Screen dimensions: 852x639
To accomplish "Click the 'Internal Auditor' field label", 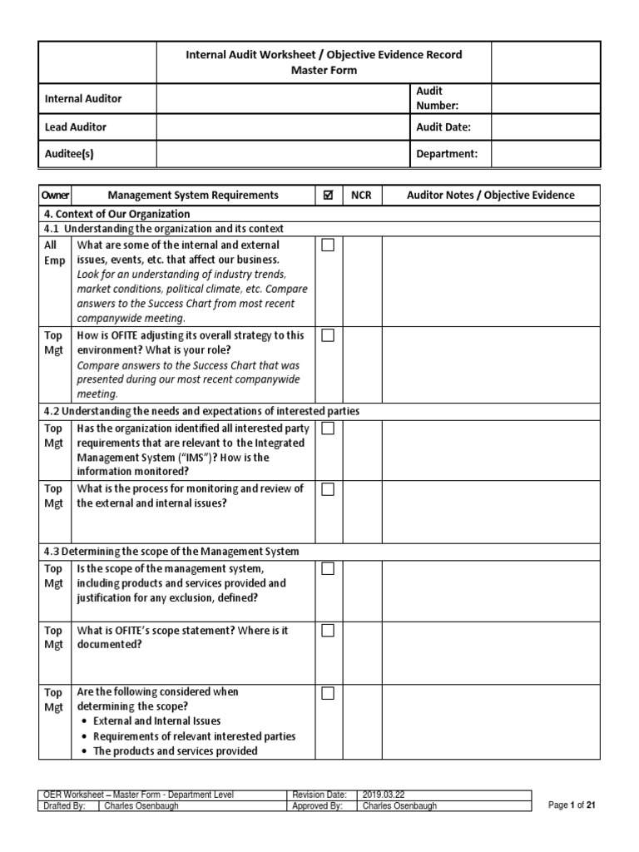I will [82, 99].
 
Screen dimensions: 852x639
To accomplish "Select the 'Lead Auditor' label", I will [75, 127].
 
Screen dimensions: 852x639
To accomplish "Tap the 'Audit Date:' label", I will [443, 127].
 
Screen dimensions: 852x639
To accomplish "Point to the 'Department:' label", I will [447, 154].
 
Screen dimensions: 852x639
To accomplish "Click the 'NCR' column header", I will [361, 196].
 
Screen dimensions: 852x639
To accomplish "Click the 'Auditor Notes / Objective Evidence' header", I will [490, 196].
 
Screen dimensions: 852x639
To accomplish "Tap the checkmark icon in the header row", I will [328, 196].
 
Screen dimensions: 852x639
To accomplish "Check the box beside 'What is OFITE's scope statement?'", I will [328, 632].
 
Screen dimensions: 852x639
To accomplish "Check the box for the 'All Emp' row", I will [328, 245].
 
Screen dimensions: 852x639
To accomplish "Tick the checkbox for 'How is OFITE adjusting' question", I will [328, 335].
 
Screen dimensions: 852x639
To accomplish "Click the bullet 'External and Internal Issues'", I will [156, 721].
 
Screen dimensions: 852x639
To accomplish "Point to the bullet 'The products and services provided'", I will [175, 751].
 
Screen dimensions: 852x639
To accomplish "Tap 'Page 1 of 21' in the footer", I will [572, 805].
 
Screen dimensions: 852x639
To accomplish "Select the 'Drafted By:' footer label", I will [65, 806].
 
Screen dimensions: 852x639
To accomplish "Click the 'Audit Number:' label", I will [437, 98].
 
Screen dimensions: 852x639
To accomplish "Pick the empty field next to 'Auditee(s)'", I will [282, 154].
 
